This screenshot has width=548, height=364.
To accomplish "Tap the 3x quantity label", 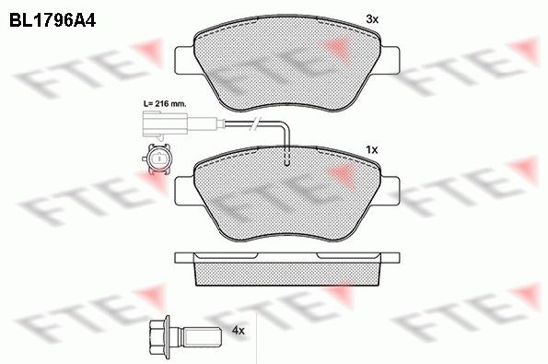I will [372, 18].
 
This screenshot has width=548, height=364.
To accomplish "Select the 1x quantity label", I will [372, 148].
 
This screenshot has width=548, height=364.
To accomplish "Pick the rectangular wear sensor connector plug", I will [158, 124].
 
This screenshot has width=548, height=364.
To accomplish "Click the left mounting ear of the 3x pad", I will [184, 56].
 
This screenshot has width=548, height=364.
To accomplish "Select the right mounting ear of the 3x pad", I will [391, 56].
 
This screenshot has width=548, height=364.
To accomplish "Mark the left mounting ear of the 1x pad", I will [184, 188].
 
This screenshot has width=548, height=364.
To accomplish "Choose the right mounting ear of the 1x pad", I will [391, 188].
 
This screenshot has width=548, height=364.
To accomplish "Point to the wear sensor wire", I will [249, 124].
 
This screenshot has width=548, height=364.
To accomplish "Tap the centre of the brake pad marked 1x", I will [287, 195].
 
